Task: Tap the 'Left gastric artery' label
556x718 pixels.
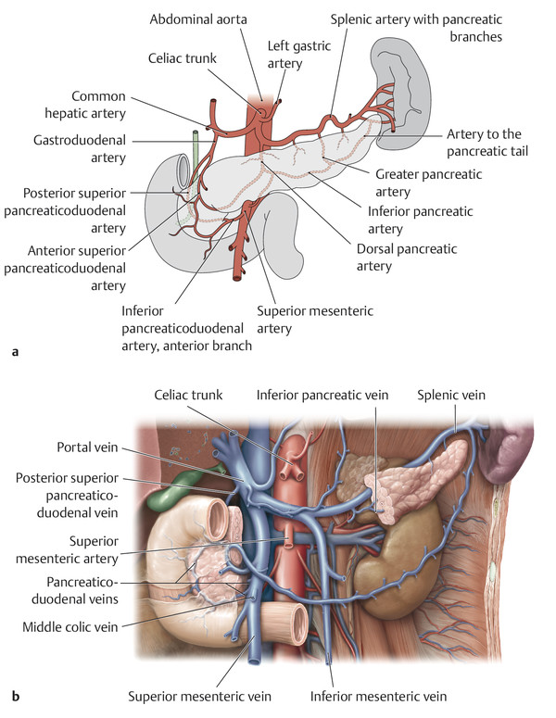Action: (x=293, y=54)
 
